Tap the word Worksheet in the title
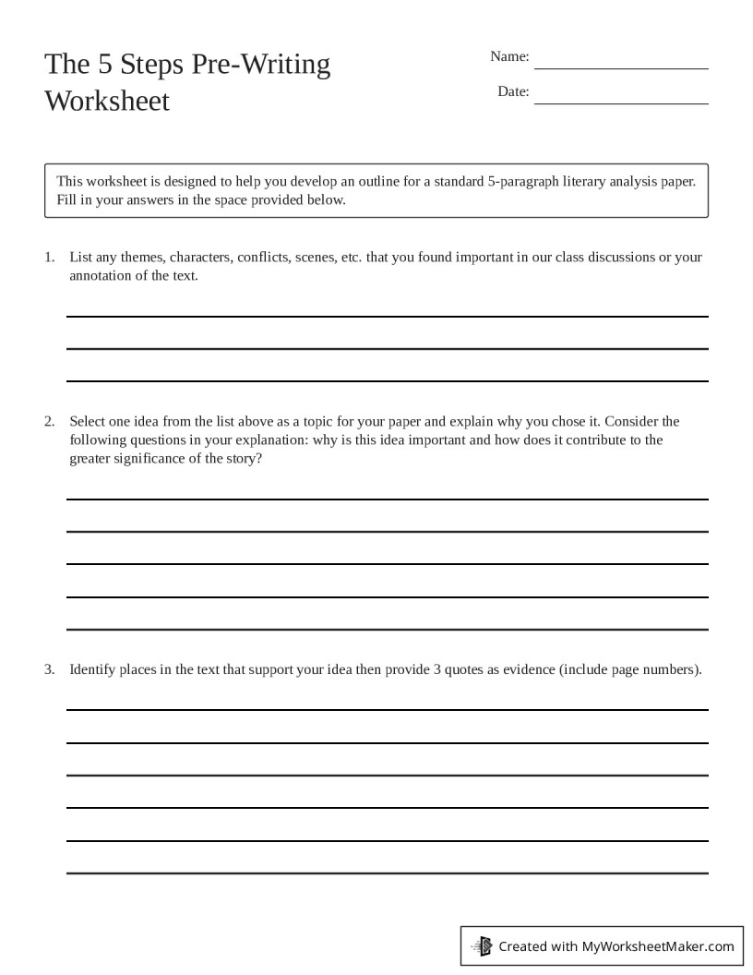[107, 101]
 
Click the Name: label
[509, 56]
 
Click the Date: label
[513, 91]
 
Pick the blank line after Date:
[621, 102]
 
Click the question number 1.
[50, 257]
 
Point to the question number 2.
[50, 421]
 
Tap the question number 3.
[50, 669]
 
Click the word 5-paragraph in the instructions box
[522, 181]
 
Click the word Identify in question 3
[92, 669]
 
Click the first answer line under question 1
[388, 316]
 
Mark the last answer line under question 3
[388, 872]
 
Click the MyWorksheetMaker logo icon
[482, 945]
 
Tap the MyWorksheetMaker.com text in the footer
[658, 945]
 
